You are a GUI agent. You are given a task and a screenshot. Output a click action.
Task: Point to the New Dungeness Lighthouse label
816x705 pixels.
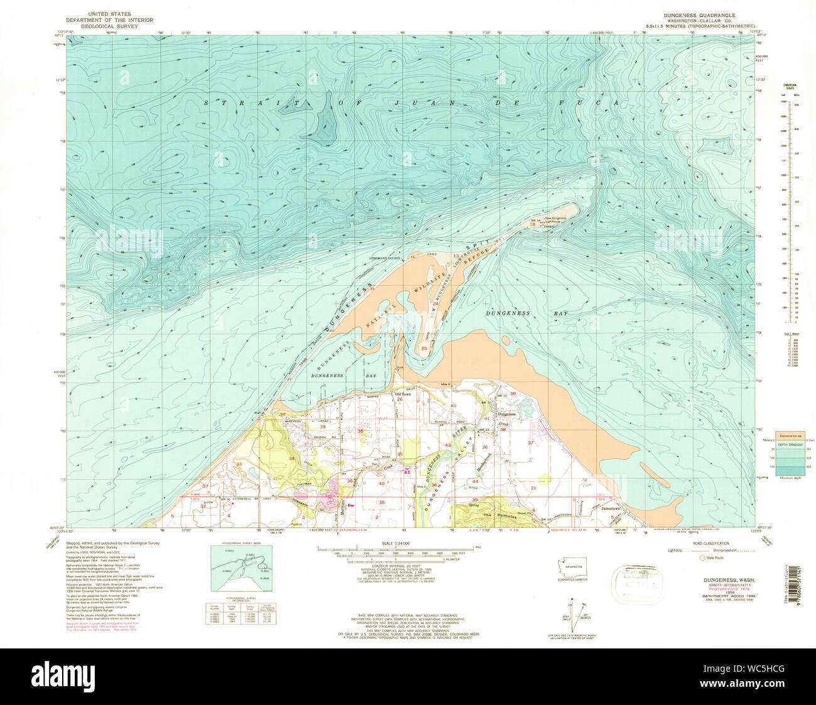click(555, 219)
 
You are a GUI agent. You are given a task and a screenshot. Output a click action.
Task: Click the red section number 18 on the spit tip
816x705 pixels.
click(532, 224)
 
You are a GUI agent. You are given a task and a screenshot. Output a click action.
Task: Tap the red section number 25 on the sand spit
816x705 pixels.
click(424, 348)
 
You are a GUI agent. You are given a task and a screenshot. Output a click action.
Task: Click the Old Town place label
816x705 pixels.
click(401, 394)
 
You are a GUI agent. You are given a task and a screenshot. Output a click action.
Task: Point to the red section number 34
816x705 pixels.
click(291, 458)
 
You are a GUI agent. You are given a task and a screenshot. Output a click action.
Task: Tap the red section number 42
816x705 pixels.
click(453, 406)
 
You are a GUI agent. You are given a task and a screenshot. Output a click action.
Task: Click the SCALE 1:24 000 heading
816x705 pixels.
click(392, 542)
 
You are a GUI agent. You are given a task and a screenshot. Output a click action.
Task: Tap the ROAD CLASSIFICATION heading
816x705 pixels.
click(712, 543)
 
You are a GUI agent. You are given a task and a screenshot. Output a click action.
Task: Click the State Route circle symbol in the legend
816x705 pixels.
click(703, 557)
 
